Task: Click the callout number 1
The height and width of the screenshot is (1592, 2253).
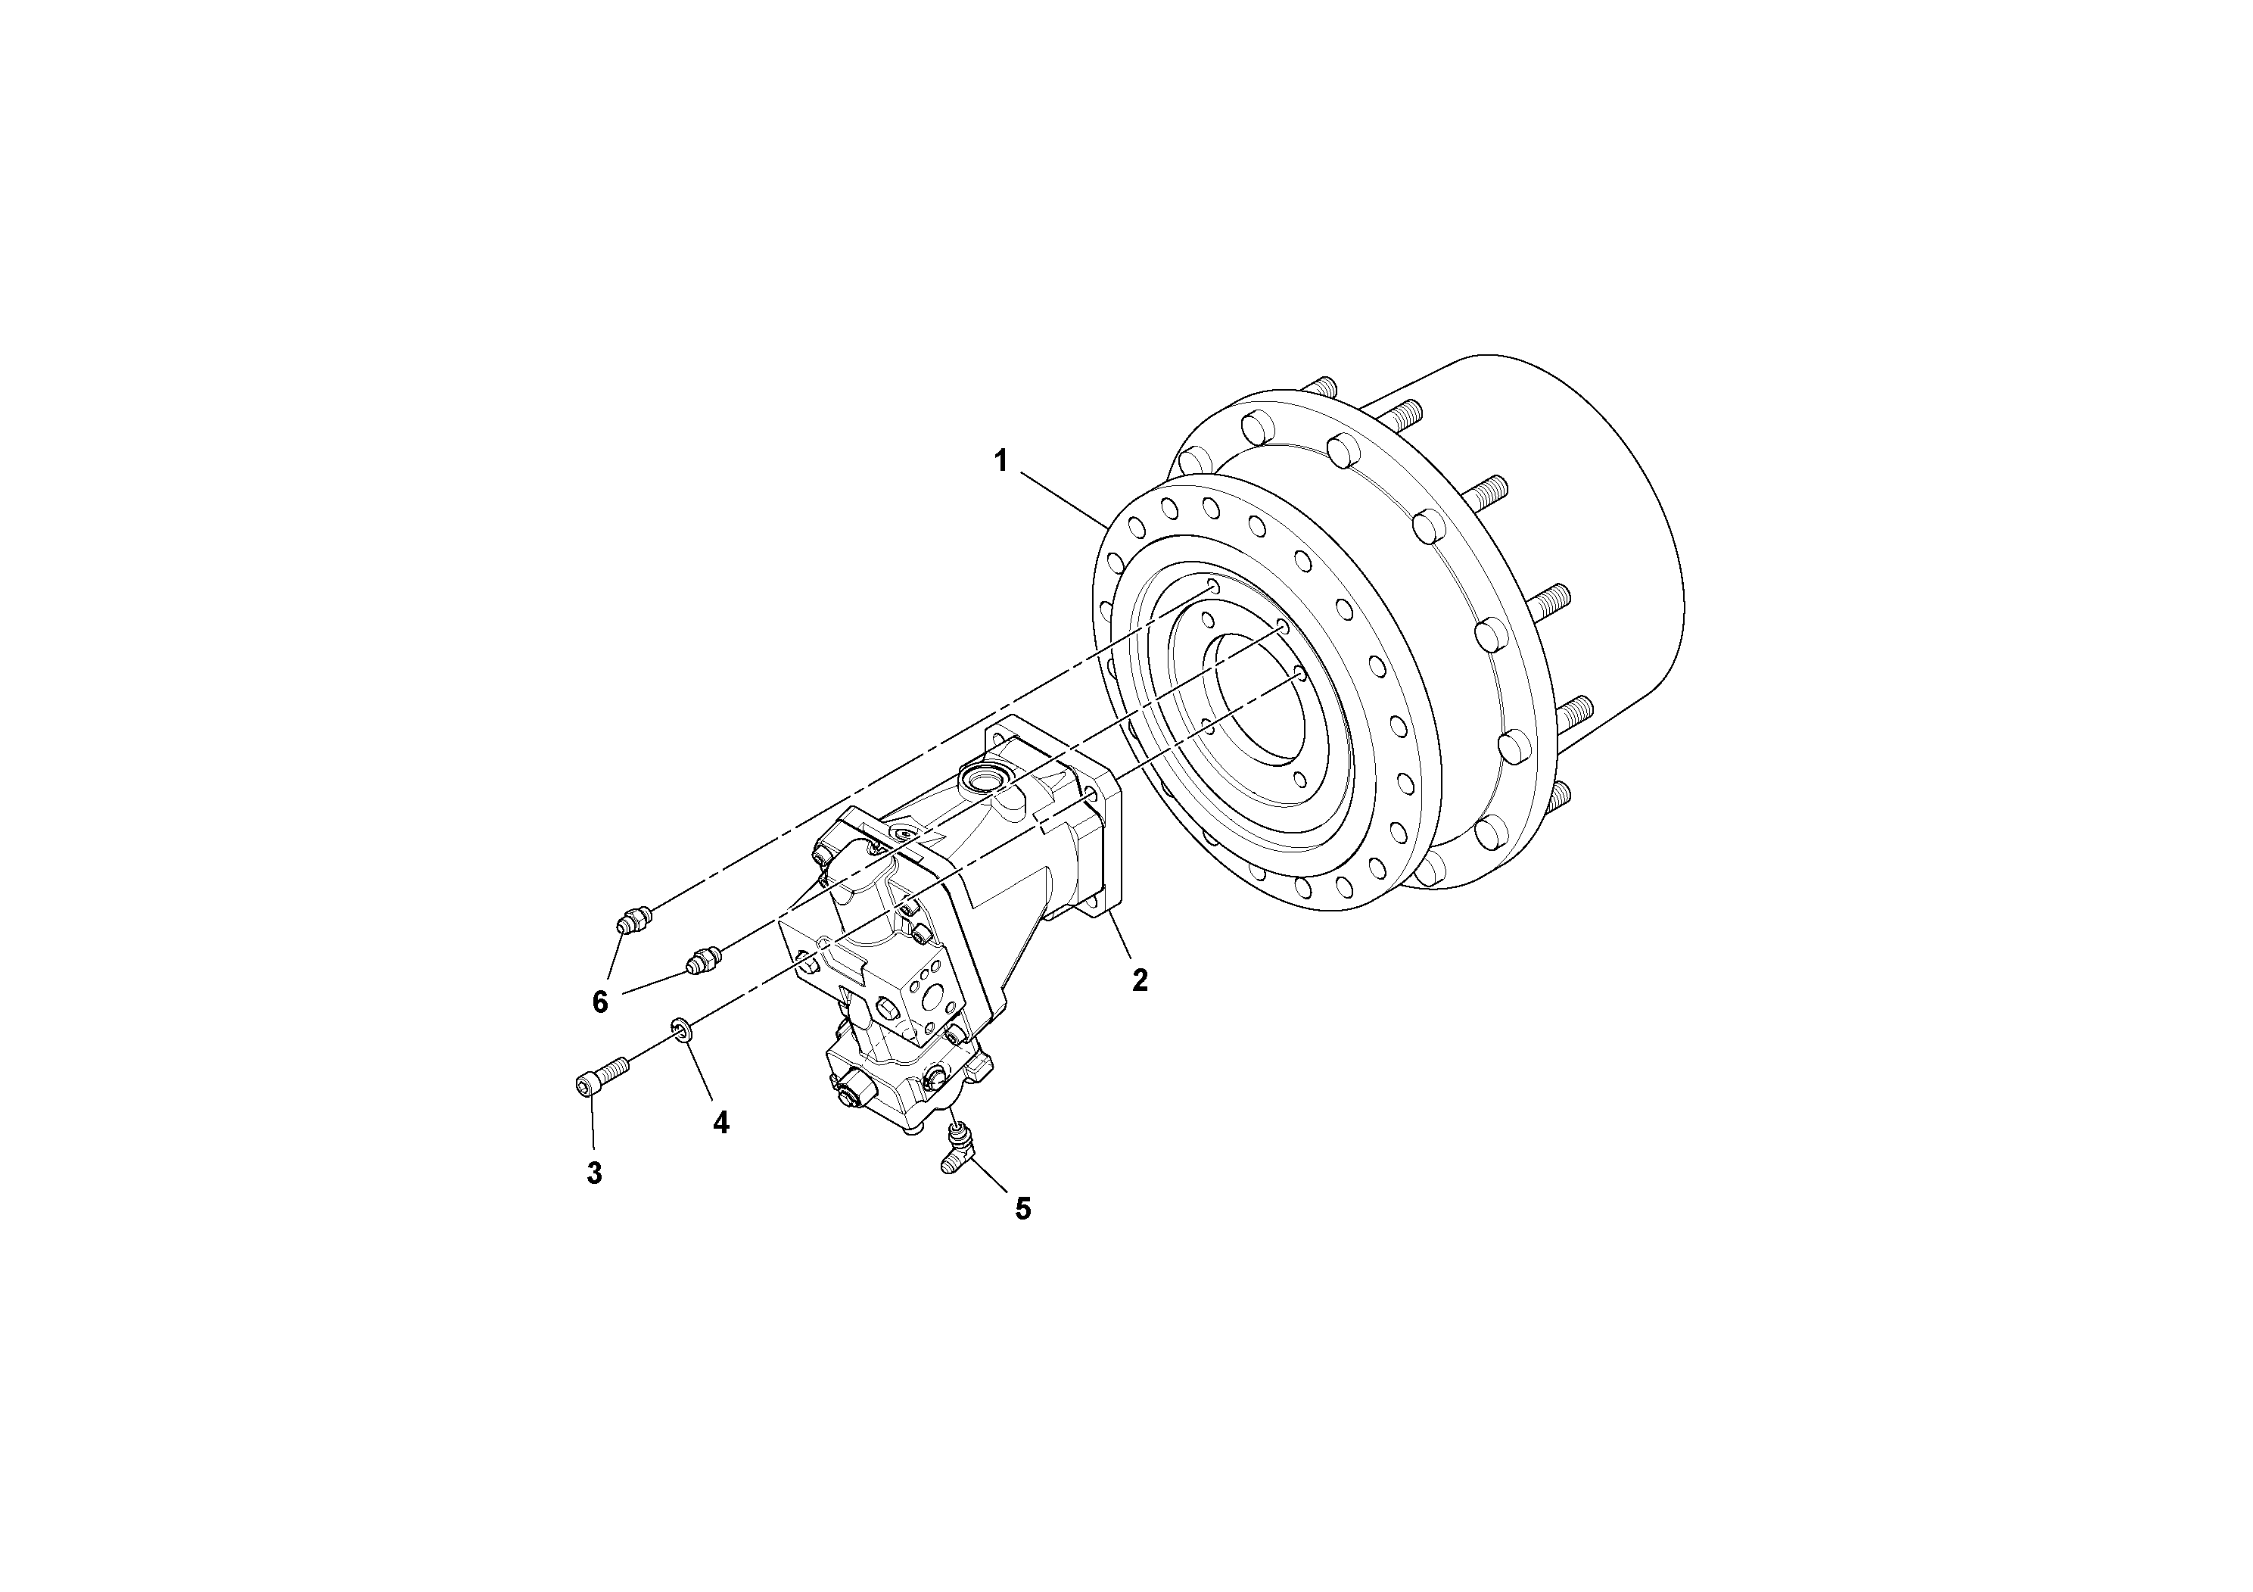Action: tap(1001, 460)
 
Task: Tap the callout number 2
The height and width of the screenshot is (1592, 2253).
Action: tap(1139, 980)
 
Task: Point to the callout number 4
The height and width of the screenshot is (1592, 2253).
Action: tap(721, 1123)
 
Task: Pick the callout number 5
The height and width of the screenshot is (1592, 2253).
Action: tap(1022, 1209)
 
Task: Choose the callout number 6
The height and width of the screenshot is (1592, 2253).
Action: tap(599, 1002)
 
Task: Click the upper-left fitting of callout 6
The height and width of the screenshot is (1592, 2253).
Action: tap(633, 921)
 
